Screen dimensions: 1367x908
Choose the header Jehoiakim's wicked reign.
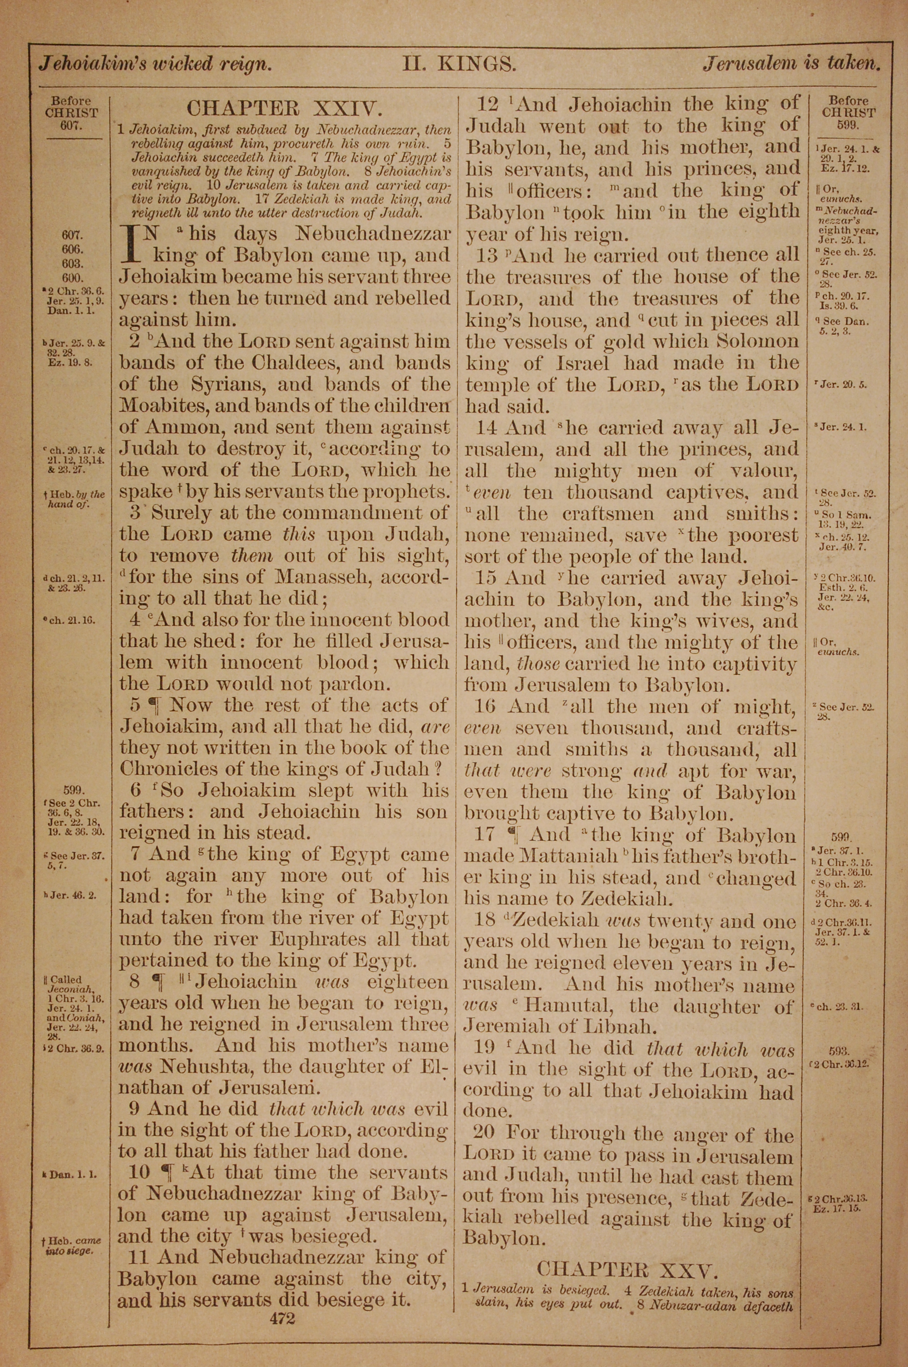tap(155, 63)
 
